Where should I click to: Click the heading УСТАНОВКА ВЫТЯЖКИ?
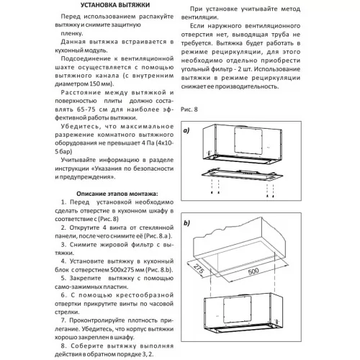(x=115, y=5)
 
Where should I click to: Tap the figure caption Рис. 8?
(x=189, y=109)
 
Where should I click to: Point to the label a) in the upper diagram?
(x=186, y=130)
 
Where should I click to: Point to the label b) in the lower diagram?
(x=186, y=223)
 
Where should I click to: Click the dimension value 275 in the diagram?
(x=199, y=269)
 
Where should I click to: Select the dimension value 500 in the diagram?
(x=253, y=271)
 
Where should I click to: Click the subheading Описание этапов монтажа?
(x=117, y=194)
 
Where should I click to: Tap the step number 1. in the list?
(x=63, y=202)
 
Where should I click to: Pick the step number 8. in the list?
(x=63, y=346)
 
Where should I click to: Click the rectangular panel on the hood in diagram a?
(x=248, y=140)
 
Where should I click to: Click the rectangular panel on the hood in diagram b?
(x=238, y=310)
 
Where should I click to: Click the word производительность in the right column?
(x=247, y=86)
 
